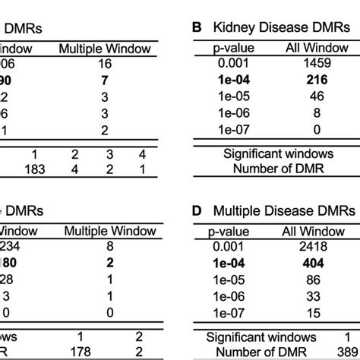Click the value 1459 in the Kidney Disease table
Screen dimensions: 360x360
(309, 66)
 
